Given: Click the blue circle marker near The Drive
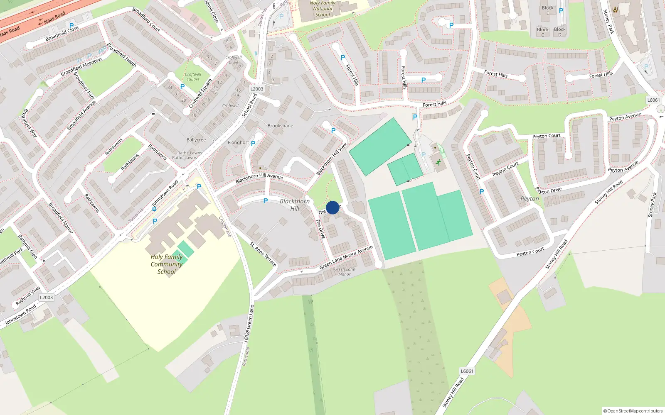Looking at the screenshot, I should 332,207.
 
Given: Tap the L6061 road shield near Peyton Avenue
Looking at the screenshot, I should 653,100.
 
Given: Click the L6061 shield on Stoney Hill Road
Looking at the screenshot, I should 467,371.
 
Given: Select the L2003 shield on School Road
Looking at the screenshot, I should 257,89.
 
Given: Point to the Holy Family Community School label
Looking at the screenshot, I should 167,264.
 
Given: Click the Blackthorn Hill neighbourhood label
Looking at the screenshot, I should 295,205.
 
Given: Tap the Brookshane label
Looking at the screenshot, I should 280,126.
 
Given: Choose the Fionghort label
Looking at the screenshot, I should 238,142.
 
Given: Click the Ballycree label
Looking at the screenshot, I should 196,140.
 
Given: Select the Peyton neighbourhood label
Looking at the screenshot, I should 530,199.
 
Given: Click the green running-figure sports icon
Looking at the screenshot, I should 438,162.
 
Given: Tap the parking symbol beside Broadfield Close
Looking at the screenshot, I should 71,25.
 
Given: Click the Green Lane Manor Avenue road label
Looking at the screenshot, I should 346,257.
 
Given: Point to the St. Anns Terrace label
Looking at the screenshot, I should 263,254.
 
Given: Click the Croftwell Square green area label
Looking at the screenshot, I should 193,77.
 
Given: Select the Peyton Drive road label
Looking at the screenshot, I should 549,190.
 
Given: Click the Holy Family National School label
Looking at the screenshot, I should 323,9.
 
